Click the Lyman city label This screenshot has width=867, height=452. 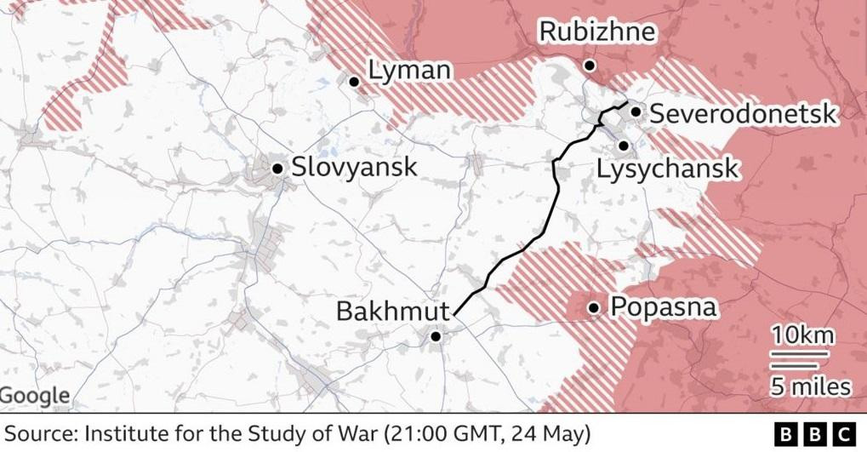coord(409,70)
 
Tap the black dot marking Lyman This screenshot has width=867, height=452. coord(354,81)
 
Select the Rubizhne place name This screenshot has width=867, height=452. coord(598,32)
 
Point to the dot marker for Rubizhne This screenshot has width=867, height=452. coord(589,66)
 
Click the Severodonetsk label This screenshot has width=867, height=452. coord(743,113)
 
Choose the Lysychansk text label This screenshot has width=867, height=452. coord(667,169)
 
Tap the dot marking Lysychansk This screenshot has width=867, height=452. coord(624,146)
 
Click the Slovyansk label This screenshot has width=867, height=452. coord(354,167)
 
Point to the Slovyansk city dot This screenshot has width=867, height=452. coord(277,169)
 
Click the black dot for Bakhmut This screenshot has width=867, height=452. coord(436,336)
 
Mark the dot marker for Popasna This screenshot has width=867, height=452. coord(593,308)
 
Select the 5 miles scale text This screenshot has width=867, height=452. coord(810,387)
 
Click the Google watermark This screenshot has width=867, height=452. coord(35,396)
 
